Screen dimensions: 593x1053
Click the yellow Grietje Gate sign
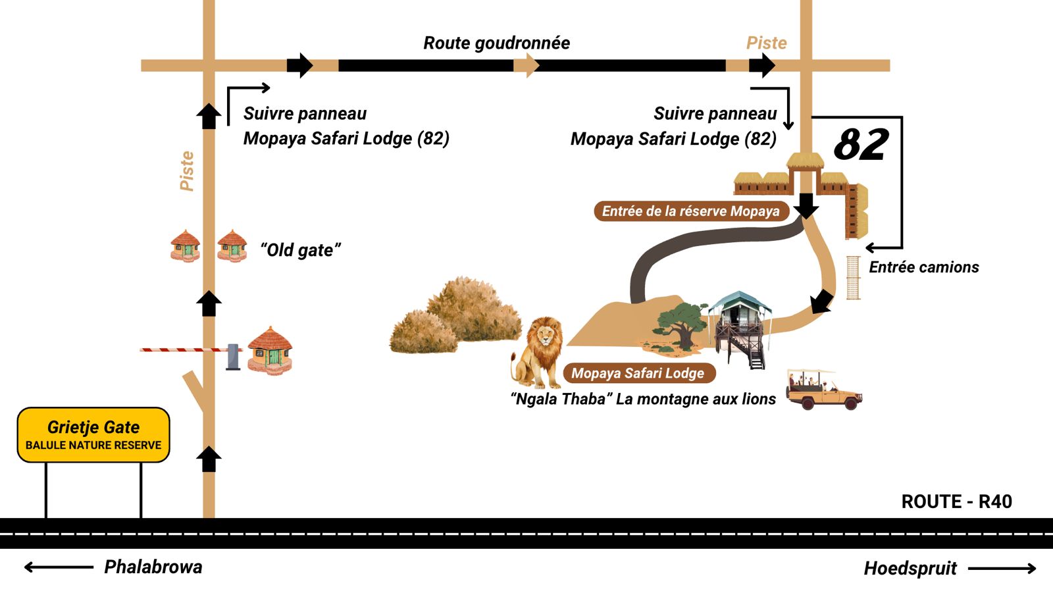coord(93,434)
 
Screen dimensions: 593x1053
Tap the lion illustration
coord(538,352)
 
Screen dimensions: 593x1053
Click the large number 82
coord(861,144)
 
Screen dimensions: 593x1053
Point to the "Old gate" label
coord(300,250)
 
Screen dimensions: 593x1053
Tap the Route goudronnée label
coord(496,43)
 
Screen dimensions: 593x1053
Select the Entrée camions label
coord(923,267)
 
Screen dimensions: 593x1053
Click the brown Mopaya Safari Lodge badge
coord(638,373)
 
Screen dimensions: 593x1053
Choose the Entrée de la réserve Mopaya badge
coord(690,211)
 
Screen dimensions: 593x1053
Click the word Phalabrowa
coord(153,567)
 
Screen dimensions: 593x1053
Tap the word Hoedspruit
coord(910,569)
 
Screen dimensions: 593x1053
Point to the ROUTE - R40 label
coord(956,502)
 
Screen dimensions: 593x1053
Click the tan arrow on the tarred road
coord(526,65)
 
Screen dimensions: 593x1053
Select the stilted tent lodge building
coord(741,326)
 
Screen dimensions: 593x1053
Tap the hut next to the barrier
coord(270,350)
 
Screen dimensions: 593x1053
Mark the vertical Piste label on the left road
coord(187,171)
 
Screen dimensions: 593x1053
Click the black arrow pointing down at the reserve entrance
coord(806,205)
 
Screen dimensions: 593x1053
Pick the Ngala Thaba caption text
coord(643,399)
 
